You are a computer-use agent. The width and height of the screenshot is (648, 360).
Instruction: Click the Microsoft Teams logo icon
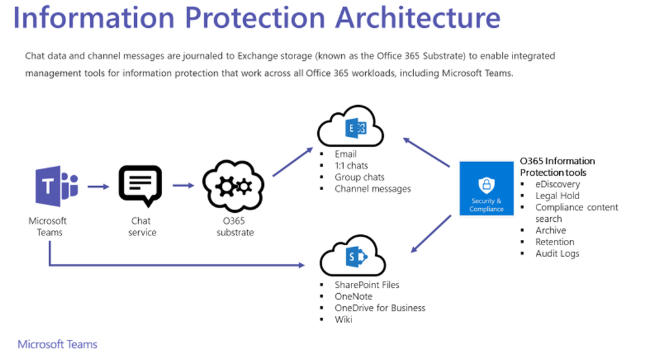(x=56, y=186)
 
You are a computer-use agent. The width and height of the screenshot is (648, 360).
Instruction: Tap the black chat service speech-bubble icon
(x=140, y=186)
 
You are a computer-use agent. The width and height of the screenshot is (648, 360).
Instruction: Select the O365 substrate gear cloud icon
(x=234, y=186)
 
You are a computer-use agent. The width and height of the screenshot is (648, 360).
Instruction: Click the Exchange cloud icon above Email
(x=350, y=126)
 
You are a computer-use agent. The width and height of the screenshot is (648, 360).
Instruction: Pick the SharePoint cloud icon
(x=352, y=256)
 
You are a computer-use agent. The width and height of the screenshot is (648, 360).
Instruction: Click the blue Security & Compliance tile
(x=486, y=189)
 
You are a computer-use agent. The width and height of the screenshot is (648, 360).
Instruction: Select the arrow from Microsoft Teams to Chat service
(x=99, y=187)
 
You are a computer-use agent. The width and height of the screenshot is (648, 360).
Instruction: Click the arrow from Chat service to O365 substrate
(x=184, y=186)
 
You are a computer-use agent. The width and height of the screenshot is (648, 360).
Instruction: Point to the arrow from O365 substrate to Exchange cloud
(x=293, y=162)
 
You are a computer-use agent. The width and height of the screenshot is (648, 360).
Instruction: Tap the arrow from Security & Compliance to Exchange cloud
(x=427, y=152)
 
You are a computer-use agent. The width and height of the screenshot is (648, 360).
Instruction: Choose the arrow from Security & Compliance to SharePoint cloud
(x=431, y=234)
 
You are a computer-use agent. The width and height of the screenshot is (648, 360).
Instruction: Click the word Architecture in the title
(x=418, y=18)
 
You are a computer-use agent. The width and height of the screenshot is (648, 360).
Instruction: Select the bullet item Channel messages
(x=372, y=189)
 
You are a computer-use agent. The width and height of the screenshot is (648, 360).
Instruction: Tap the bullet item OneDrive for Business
(x=380, y=308)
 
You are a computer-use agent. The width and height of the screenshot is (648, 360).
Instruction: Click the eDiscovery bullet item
(x=557, y=184)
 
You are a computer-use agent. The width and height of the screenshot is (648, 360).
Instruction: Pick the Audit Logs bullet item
(x=557, y=254)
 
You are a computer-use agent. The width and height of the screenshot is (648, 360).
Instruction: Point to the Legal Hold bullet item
(x=557, y=195)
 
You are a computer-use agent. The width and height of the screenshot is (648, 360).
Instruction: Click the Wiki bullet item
(x=343, y=320)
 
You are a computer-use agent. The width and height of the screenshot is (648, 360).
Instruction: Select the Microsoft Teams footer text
(x=58, y=344)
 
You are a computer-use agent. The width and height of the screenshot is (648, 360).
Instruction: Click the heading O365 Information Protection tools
(x=557, y=167)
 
